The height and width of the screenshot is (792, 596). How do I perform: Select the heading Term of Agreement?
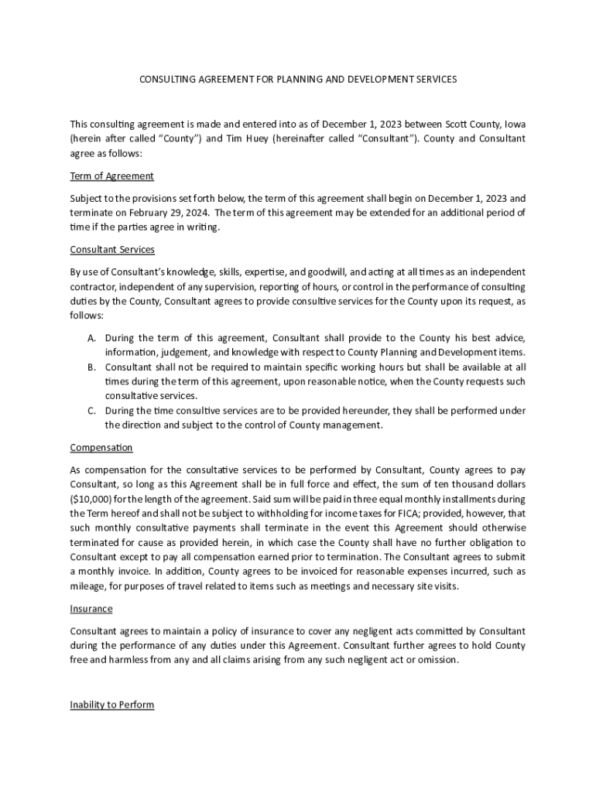tap(111, 176)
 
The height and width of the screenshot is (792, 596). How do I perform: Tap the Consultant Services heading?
tap(112, 250)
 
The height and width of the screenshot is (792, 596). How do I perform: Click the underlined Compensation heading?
tap(101, 448)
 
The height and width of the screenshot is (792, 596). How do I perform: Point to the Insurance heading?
tap(91, 609)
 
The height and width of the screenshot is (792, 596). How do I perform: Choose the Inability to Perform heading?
tap(112, 705)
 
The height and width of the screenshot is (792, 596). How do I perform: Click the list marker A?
tap(91, 338)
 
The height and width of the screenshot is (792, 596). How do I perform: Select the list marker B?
tap(91, 367)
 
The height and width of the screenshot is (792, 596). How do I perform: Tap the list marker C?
tap(91, 411)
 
